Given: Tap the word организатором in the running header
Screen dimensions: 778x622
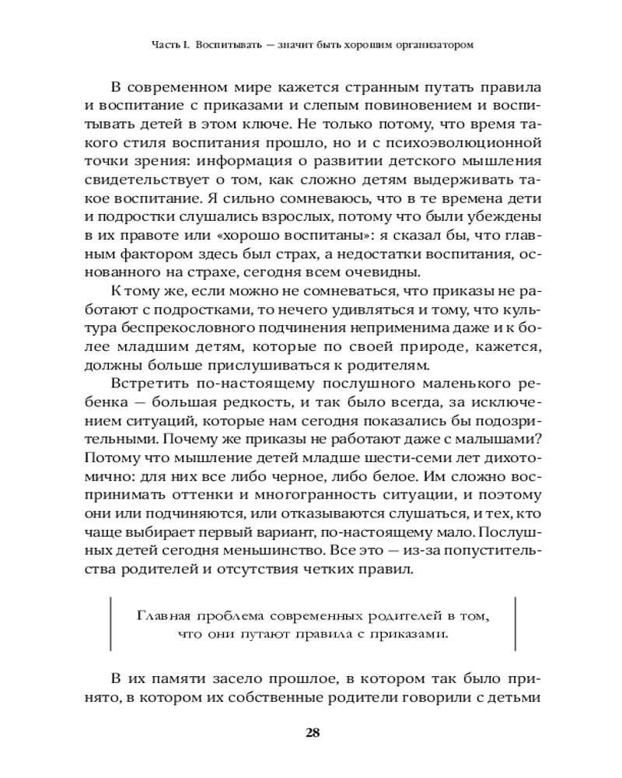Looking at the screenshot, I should coord(432,44).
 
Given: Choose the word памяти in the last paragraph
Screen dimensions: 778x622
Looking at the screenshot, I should coord(180,678).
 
